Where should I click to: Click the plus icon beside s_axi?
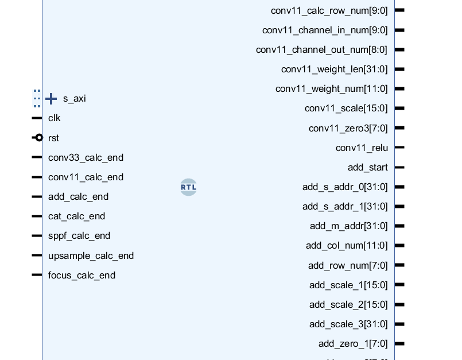click(51, 99)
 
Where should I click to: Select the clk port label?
click(55, 118)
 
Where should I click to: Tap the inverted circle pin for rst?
click(38, 138)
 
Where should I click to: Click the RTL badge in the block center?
click(188, 187)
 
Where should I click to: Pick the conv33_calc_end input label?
click(86, 157)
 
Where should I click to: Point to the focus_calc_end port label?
click(81, 275)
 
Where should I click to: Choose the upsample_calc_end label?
click(91, 256)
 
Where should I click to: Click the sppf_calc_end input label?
click(79, 236)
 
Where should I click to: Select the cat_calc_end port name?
click(76, 216)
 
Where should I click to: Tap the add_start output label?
click(367, 168)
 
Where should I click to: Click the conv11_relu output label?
click(362, 148)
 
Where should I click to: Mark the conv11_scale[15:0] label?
click(346, 109)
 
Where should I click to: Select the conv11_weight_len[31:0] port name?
click(334, 69)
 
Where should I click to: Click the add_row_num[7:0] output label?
click(348, 265)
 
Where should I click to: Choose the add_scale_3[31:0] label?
click(348, 324)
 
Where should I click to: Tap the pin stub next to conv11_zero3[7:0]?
click(399, 128)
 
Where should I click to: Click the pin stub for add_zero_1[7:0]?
click(399, 344)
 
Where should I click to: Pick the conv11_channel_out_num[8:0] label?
click(321, 50)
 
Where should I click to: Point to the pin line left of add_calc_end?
click(37, 197)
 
